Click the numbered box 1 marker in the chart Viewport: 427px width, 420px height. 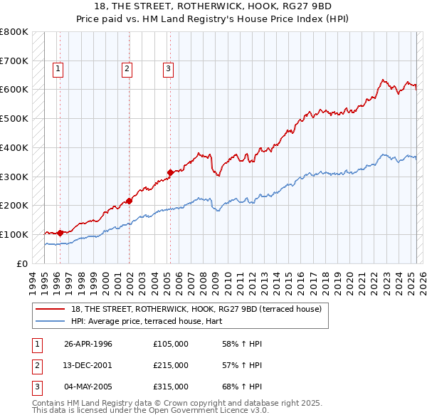click(58, 69)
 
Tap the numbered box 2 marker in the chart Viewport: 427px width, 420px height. click(126, 69)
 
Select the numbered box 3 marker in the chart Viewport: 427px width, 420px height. click(168, 69)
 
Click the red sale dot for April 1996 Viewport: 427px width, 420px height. click(60, 232)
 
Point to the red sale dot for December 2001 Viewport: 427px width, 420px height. click(130, 200)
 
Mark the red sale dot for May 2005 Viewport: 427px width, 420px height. click(170, 172)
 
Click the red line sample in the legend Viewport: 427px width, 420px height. click(51, 309)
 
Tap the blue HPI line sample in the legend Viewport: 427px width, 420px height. click(51, 321)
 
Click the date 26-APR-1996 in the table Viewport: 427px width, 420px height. click(88, 344)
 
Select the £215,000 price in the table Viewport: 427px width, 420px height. click(170, 365)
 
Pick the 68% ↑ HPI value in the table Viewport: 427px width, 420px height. click(242, 387)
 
